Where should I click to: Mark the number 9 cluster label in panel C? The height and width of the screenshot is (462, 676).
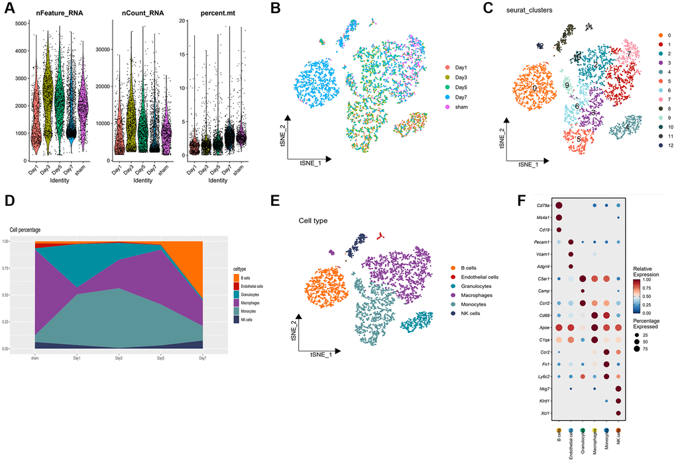tap(567, 85)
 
